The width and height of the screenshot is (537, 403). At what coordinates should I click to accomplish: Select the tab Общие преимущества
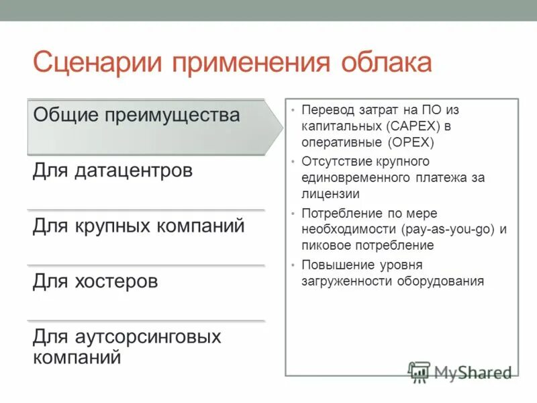point(136,115)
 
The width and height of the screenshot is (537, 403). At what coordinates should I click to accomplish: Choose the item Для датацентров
point(113,171)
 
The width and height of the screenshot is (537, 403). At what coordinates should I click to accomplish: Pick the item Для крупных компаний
point(138,226)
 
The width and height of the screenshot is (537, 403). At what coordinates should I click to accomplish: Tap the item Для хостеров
point(95,281)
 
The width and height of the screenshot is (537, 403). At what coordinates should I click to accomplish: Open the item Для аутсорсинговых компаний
point(127,346)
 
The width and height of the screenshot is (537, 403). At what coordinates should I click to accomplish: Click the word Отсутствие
point(334,161)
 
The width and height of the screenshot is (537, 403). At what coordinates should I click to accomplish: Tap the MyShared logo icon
point(419,372)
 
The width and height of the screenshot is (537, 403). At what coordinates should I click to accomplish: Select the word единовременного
point(356,178)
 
